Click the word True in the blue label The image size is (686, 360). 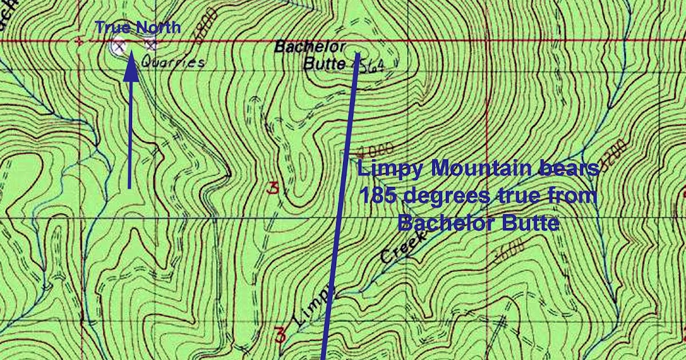tap(109, 27)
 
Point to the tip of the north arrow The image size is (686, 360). tap(131, 53)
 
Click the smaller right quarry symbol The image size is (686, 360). tap(150, 45)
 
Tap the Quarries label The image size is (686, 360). tap(172, 61)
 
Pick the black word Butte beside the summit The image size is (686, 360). tap(324, 63)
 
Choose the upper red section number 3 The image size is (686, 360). tap(273, 189)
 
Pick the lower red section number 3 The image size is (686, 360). tap(280, 335)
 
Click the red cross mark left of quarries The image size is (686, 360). tap(79, 41)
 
